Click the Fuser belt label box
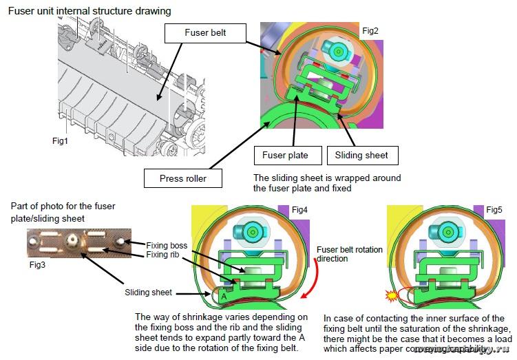(205, 32)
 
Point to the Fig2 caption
(370, 30)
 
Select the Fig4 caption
(299, 209)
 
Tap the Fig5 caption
(494, 209)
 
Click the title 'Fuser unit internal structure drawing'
(89, 11)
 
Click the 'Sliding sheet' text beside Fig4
(149, 292)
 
